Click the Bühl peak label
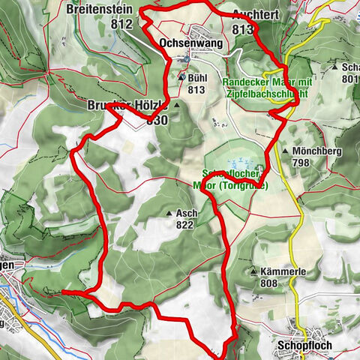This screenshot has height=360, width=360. (x=196, y=77)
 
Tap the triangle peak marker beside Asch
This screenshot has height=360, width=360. (x=169, y=214)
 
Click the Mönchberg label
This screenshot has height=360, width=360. (x=313, y=151)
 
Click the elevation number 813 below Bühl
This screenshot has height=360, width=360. (x=196, y=89)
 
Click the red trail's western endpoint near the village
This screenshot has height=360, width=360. (x=63, y=291)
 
